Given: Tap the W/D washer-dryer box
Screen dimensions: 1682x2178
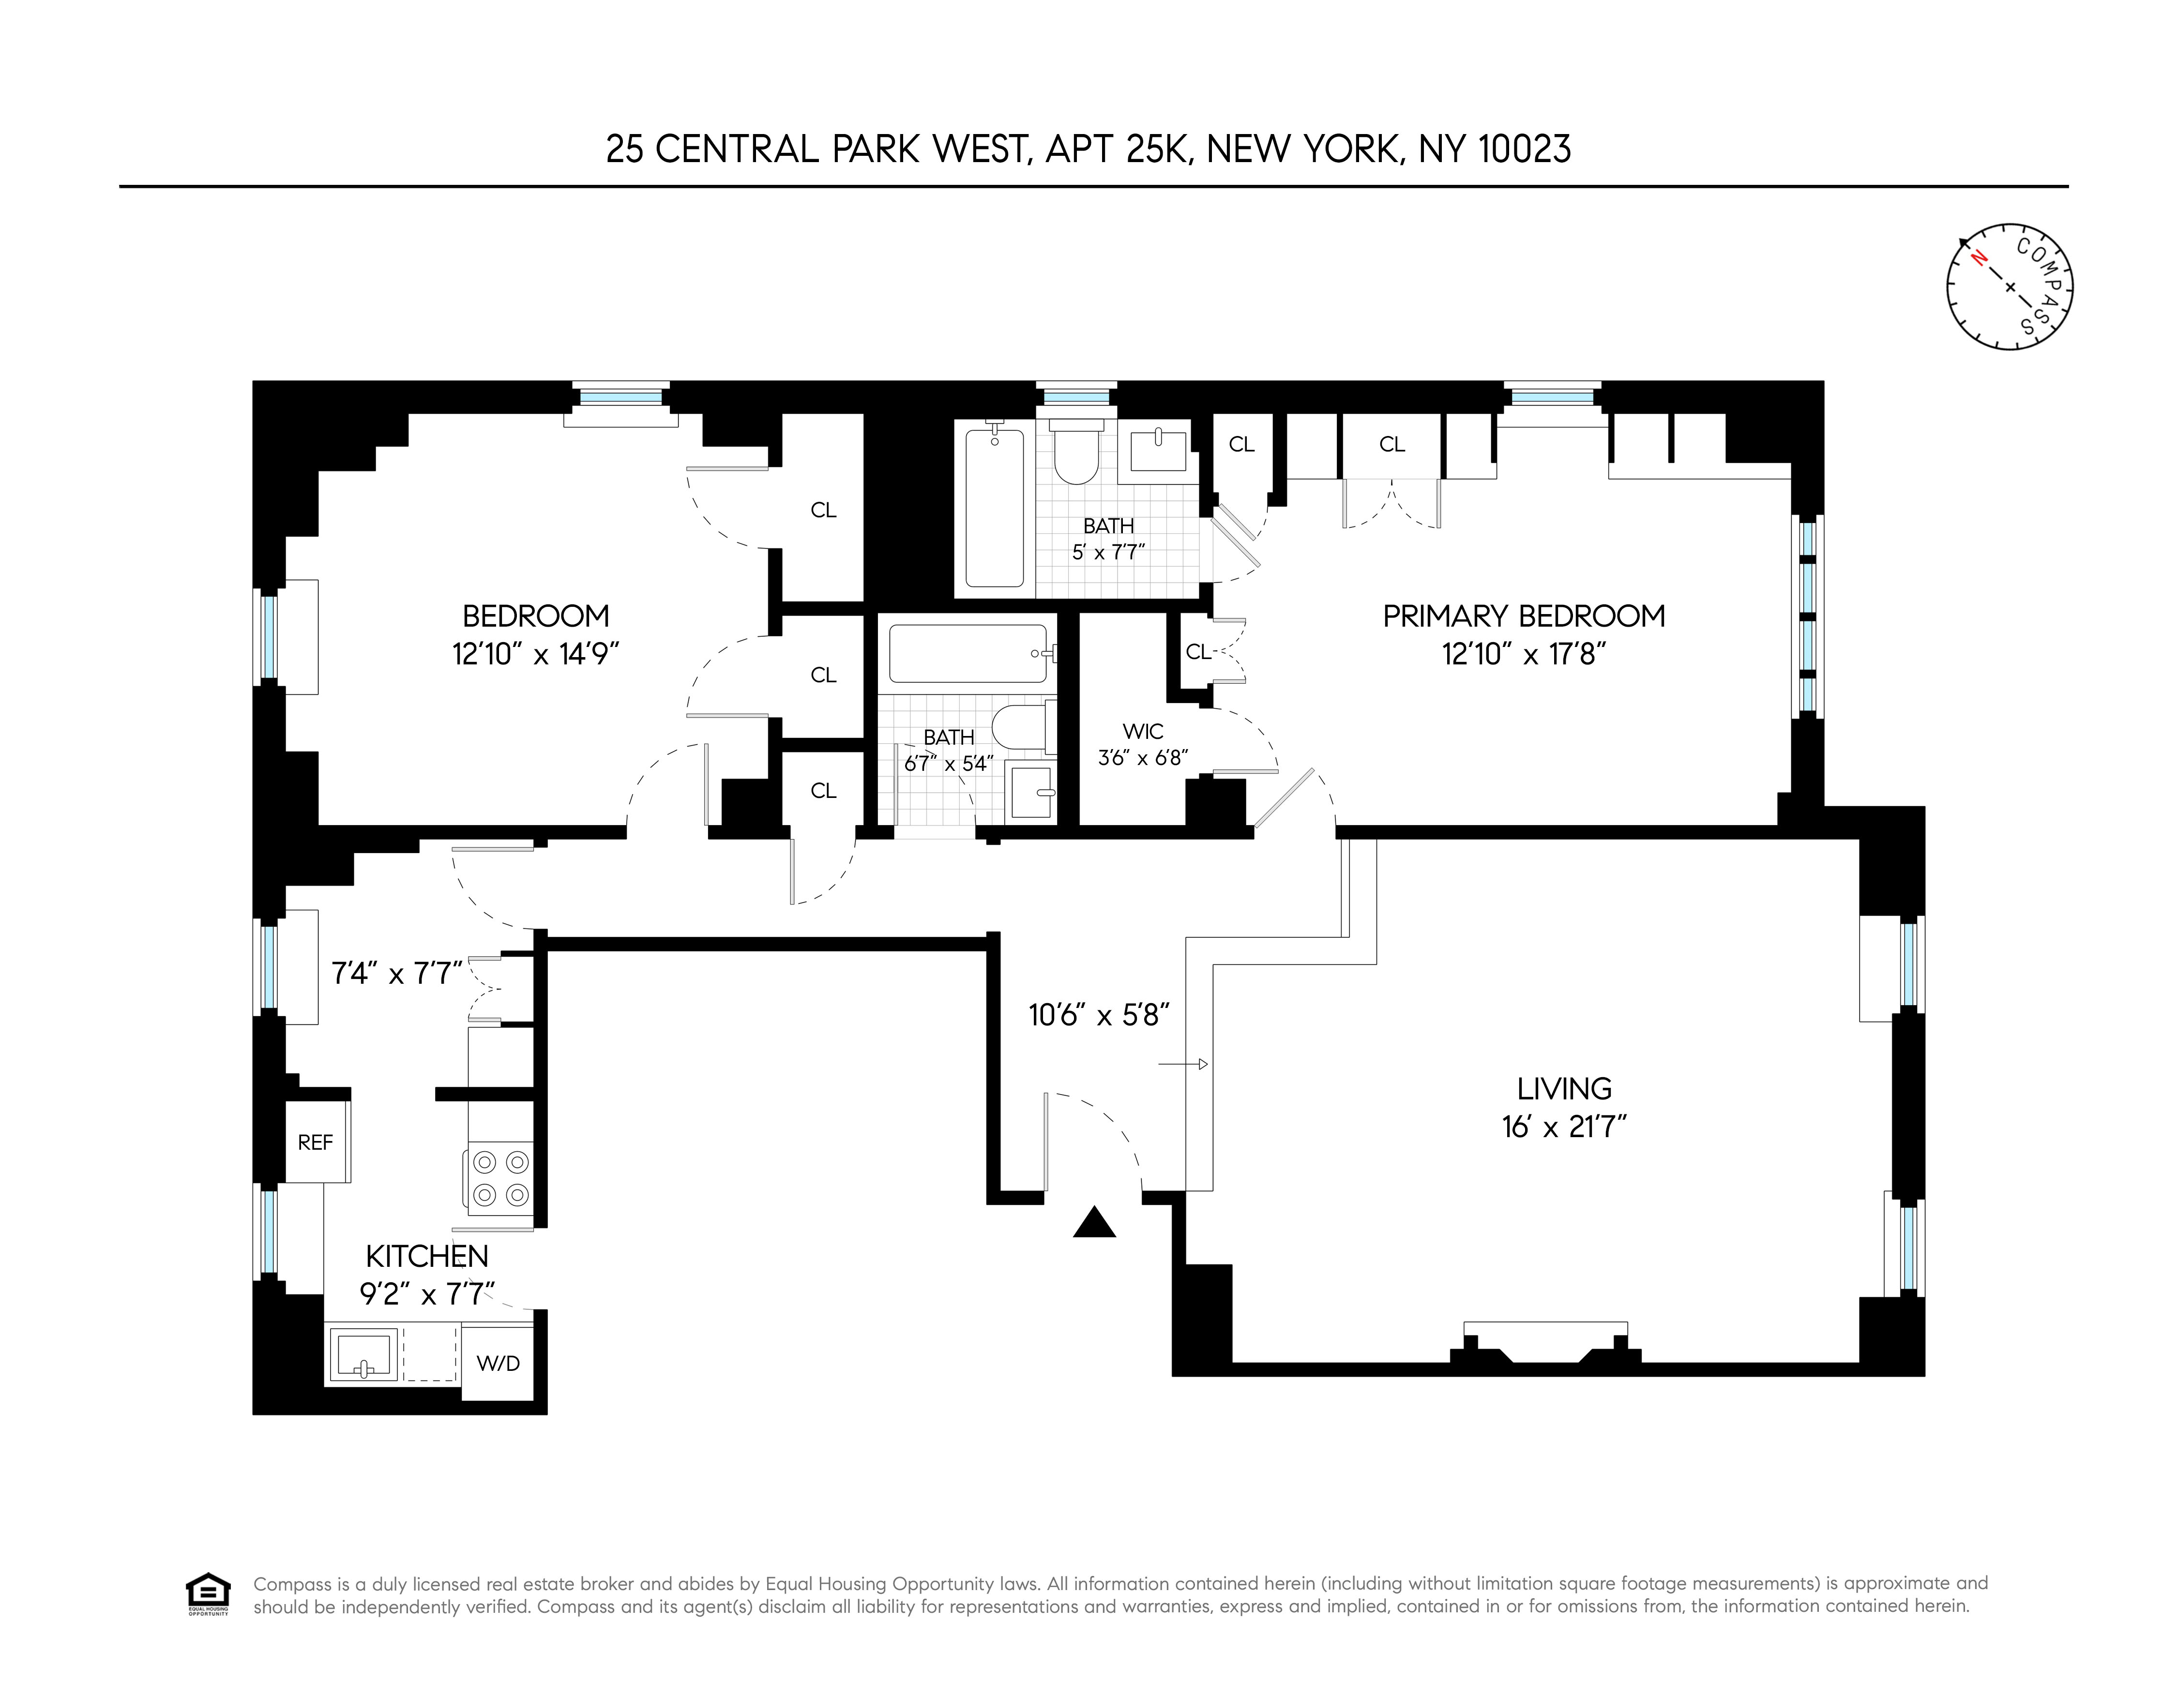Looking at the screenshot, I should [x=498, y=1363].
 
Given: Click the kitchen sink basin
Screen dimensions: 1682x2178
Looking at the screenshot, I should [x=362, y=1355].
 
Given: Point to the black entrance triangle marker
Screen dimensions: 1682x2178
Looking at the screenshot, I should [x=1094, y=1223].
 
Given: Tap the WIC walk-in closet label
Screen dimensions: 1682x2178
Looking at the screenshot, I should [x=1143, y=732].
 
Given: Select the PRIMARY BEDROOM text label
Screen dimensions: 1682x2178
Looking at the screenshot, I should [x=1523, y=616].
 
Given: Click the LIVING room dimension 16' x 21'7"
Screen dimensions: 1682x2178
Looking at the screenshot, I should [x=1564, y=1126].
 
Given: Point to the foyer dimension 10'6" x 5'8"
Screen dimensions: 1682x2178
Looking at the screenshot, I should [x=1098, y=1015].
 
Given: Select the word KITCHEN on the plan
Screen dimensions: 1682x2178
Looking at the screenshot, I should [x=427, y=1256].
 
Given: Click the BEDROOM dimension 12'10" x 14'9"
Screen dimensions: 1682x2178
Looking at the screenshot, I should [x=535, y=654].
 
